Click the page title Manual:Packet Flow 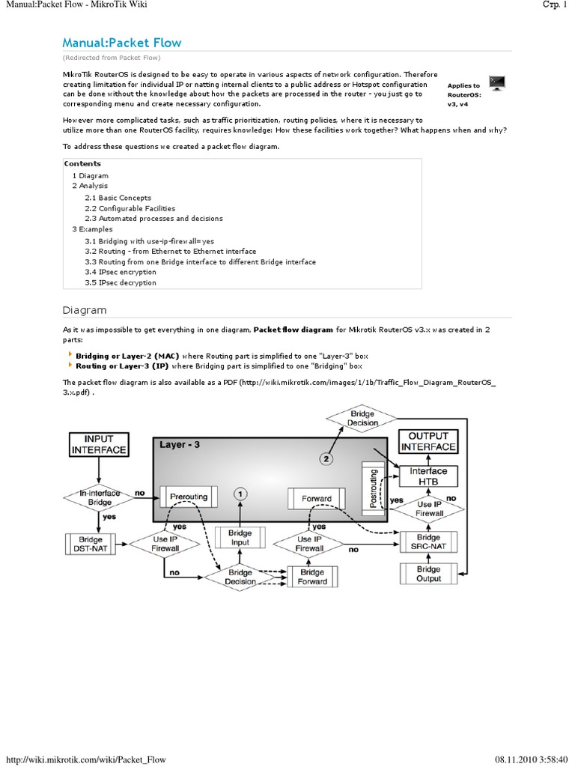pos(122,43)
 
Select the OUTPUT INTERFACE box pos(428,441)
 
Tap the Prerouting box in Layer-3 pos(188,497)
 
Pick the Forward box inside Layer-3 pos(316,497)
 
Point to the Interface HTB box pos(428,476)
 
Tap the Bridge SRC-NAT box pos(428,542)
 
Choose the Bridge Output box pos(428,574)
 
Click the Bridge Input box pos(240,538)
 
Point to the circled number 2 pos(326,458)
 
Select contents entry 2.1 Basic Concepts pos(118,198)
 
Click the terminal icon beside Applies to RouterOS pos(496,82)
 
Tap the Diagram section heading pos(84,310)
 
